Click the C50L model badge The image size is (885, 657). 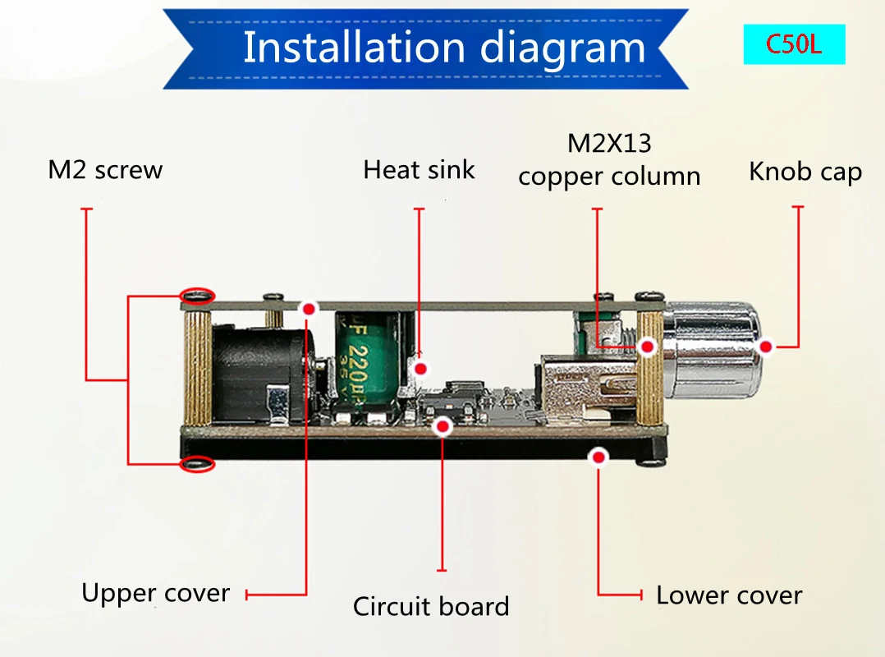[793, 44]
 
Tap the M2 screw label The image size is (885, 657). [105, 170]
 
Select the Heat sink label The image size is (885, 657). [419, 170]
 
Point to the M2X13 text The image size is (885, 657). [609, 144]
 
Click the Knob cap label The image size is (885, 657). [805, 172]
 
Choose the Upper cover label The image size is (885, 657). [155, 593]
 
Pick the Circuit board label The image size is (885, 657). [431, 607]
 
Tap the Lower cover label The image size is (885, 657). [729, 595]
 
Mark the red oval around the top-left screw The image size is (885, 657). [198, 295]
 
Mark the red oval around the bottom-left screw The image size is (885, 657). [197, 465]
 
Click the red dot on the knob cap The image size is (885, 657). [765, 347]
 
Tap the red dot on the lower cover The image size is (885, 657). [599, 457]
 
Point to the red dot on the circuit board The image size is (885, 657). [443, 425]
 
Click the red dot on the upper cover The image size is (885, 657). [309, 309]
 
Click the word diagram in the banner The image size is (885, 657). [563, 48]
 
